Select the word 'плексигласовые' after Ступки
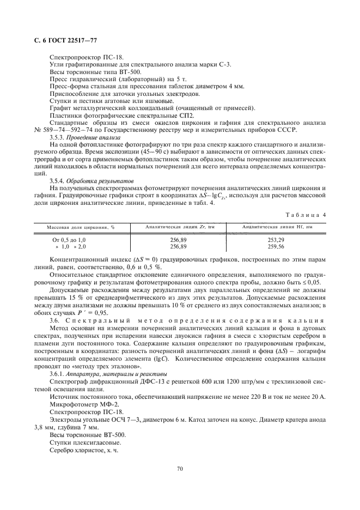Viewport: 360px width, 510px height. (94, 442)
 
